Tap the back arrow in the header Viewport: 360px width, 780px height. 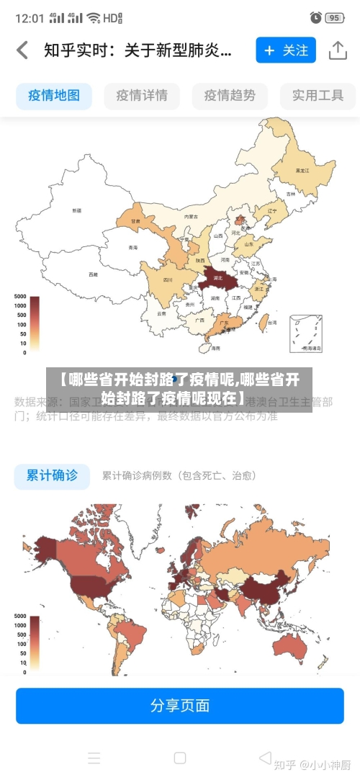(22, 50)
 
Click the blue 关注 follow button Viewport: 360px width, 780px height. (285, 50)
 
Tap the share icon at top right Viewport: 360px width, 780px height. (337, 50)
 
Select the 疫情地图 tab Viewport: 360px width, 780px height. (54, 95)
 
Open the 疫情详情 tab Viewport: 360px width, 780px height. (142, 95)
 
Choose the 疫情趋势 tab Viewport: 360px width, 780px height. (230, 95)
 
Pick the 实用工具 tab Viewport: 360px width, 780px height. (318, 95)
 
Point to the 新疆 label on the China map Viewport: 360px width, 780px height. (76, 211)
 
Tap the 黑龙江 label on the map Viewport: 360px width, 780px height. (302, 171)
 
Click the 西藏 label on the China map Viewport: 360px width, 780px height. (93, 274)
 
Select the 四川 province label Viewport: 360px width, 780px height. (168, 279)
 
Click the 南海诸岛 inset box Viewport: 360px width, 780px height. (305, 333)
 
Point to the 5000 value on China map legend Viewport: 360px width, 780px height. (19, 297)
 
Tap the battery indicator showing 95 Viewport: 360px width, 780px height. (333, 17)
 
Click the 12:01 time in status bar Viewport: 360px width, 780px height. (30, 17)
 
